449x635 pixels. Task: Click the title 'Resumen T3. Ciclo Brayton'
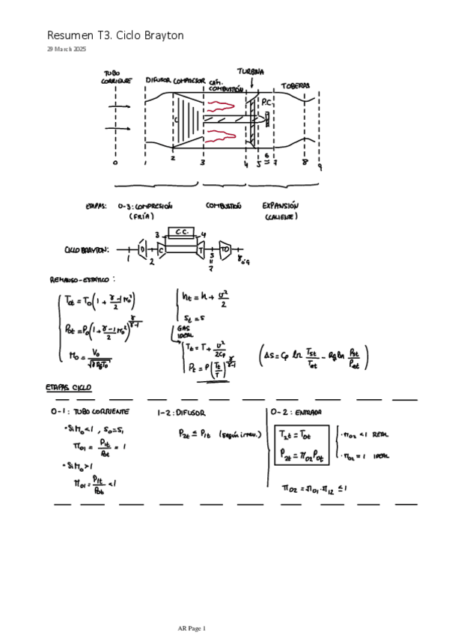(x=115, y=35)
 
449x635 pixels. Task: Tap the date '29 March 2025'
(x=67, y=49)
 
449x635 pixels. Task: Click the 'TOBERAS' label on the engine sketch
(x=296, y=85)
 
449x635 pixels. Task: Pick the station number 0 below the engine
(x=115, y=162)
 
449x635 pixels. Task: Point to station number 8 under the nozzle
(x=305, y=161)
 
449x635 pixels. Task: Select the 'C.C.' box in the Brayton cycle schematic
(x=181, y=232)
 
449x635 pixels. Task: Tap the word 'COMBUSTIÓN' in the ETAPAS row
(x=224, y=204)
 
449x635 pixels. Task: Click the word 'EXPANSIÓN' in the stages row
(x=281, y=204)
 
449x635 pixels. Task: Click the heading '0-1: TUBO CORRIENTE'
(x=90, y=412)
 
